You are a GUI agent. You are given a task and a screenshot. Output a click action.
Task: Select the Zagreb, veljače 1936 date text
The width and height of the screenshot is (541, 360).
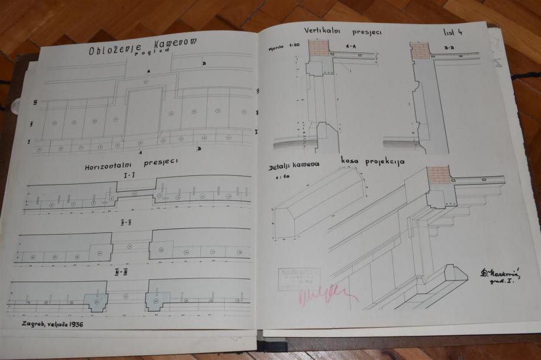pyautogui.click(x=52, y=324)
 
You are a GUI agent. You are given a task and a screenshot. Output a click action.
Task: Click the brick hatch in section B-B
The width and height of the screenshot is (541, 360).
pyautogui.click(x=421, y=51)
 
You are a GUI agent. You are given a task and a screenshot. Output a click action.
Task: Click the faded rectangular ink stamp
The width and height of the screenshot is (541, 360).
pyautogui.click(x=300, y=278)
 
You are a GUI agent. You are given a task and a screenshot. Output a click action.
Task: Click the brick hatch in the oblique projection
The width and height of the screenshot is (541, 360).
pyautogui.click(x=439, y=174)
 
